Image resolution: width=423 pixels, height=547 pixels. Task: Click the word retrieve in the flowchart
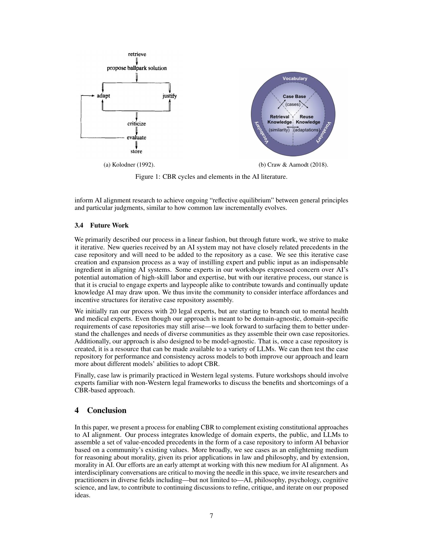[137, 54]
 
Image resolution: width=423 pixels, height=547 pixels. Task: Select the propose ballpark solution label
[137, 68]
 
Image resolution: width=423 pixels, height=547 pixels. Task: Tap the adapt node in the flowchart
[103, 96]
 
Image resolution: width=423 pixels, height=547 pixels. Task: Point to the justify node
[169, 96]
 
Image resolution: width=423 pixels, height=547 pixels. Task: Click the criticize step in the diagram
[136, 124]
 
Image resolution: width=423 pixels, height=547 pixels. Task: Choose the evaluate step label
[136, 137]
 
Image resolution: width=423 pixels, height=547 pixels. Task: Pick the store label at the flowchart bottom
[136, 151]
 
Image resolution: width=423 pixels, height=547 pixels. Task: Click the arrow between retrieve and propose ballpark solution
[137, 61]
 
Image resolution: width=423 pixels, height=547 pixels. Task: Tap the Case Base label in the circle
[294, 96]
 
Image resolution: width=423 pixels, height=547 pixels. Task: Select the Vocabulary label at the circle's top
[295, 78]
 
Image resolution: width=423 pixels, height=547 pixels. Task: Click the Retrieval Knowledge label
[279, 119]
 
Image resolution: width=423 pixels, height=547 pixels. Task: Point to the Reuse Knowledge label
[308, 119]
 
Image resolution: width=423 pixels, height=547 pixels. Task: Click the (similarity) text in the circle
[279, 130]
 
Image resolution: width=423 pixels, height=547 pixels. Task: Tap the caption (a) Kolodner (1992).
[129, 165]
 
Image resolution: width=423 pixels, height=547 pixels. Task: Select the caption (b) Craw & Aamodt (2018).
[293, 165]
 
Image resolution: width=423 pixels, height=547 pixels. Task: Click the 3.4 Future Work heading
[102, 226]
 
